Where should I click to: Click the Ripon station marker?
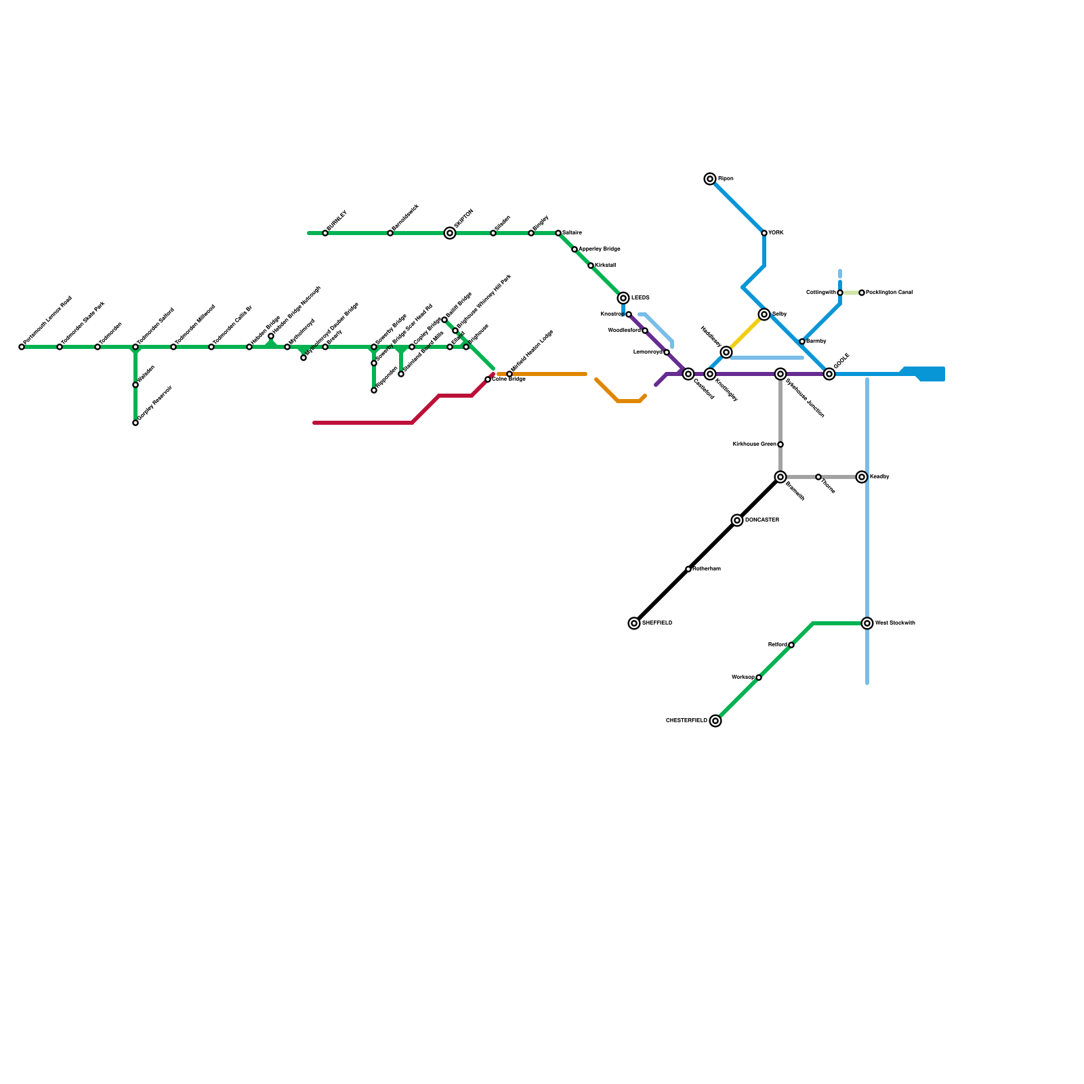point(710,179)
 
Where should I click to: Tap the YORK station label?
point(776,233)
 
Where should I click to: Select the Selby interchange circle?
point(764,314)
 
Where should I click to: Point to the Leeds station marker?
point(623,298)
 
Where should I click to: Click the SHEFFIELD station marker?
point(634,623)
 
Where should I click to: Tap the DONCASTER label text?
point(762,520)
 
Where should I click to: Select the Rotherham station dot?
point(688,569)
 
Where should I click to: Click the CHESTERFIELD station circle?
point(715,721)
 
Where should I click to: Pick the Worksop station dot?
point(759,677)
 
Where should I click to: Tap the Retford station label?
point(777,645)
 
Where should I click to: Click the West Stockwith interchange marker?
point(867,623)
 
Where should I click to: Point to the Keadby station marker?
point(862,477)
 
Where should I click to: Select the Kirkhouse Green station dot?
point(780,444)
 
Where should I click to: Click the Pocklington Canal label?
point(890,293)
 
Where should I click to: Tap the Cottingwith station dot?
point(840,293)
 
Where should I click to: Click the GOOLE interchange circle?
point(829,374)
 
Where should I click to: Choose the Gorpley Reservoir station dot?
point(135,423)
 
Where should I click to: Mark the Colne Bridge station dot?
point(488,379)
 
